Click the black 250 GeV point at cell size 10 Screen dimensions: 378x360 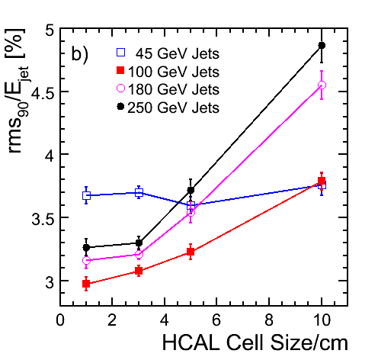[322, 46]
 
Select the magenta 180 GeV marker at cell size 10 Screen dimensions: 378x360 [322, 85]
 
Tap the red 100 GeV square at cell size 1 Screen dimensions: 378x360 [86, 284]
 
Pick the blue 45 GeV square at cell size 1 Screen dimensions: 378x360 [86, 195]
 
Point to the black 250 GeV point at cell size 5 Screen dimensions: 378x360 [191, 190]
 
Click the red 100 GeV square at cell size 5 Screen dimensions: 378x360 [191, 252]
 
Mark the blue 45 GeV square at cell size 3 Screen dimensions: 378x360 [139, 193]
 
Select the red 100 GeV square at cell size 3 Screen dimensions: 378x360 [139, 271]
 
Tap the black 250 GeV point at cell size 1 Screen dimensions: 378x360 [86, 247]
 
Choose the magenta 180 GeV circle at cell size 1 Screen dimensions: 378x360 [86, 260]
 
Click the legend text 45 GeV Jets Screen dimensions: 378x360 [178, 53]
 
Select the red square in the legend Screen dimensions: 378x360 [120, 70]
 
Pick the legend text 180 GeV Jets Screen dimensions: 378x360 [174, 89]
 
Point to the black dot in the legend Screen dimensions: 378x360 [120, 107]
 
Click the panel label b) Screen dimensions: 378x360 [79, 53]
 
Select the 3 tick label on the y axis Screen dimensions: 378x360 [50, 281]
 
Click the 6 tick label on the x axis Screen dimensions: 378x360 [216, 320]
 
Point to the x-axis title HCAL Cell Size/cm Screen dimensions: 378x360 [255, 342]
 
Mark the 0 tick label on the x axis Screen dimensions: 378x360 [60, 320]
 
